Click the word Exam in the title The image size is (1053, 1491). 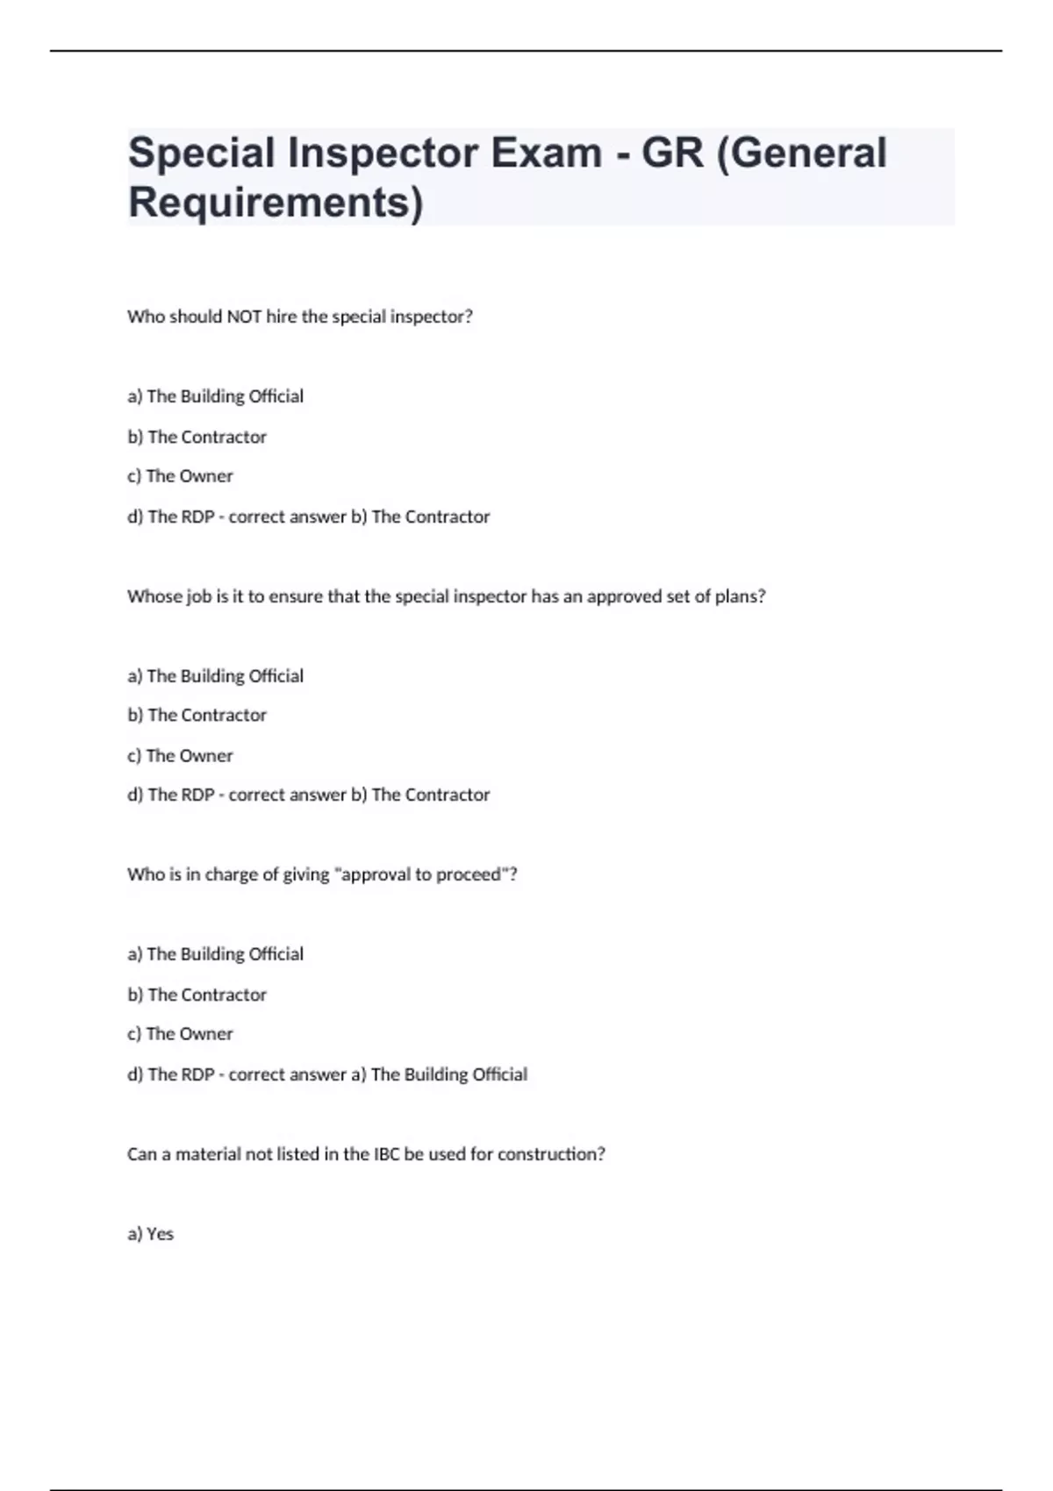pos(546,153)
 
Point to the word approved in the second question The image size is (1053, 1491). pos(624,596)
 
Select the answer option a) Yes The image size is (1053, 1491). pos(151,1234)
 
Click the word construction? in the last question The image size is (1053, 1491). pos(551,1154)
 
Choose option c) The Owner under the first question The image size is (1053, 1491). pos(181,476)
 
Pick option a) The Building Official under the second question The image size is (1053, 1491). pos(216,676)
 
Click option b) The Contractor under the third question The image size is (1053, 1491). pos(197,995)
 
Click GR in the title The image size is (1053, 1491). pos(672,153)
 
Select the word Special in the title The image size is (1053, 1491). pos(202,153)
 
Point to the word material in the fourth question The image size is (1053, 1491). pos(208,1154)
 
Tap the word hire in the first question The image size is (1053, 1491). pos(282,317)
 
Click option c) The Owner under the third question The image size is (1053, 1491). pos(181,1034)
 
